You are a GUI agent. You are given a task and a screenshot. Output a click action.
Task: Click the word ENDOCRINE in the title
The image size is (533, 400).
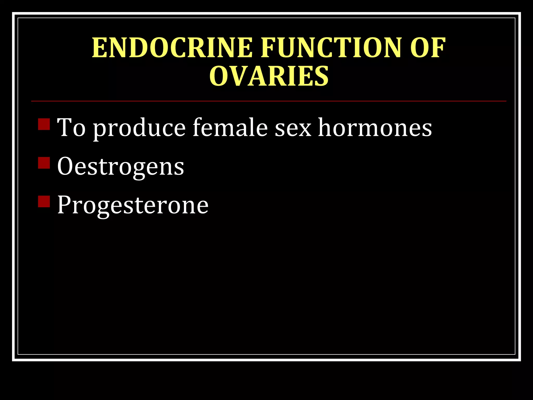click(172, 48)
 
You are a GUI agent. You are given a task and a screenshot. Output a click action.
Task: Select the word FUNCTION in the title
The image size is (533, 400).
click(331, 48)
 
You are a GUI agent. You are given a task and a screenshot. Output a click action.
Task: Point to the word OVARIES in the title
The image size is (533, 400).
click(269, 76)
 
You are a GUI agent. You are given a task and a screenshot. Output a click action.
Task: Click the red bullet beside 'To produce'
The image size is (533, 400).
click(44, 124)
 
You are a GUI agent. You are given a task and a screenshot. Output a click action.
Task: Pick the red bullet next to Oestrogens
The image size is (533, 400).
click(44, 163)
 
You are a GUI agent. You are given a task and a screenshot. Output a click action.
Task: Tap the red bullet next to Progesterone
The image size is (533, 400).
click(44, 201)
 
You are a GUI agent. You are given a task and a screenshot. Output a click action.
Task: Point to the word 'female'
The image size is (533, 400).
click(230, 127)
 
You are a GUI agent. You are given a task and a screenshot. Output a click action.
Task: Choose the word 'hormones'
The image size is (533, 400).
click(375, 127)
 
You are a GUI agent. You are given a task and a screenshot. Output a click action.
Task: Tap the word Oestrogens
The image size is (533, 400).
click(120, 167)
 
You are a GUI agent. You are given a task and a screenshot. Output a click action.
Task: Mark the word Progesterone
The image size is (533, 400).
click(133, 205)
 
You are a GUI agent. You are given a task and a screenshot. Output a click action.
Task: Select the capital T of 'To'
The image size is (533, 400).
click(64, 127)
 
